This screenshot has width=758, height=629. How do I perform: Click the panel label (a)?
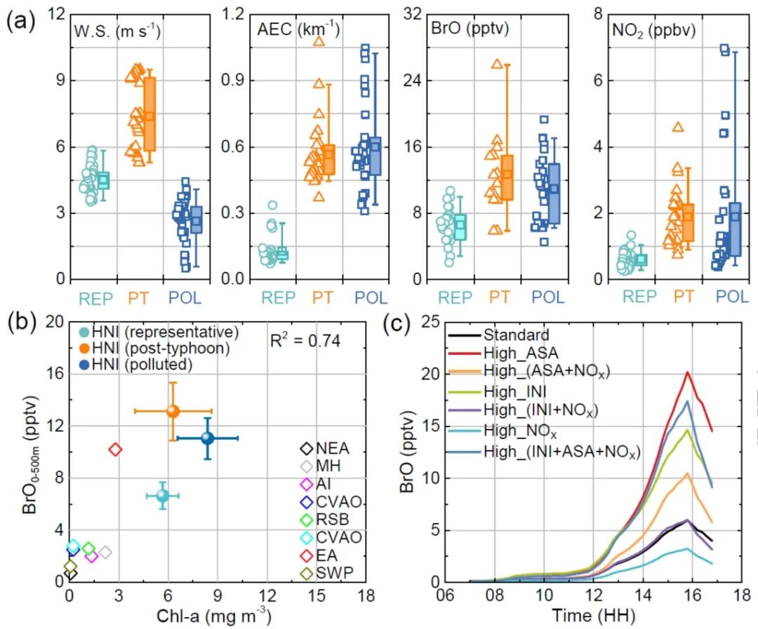click(20, 21)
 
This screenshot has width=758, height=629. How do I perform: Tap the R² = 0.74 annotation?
click(305, 341)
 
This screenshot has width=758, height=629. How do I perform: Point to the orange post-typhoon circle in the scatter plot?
click(173, 411)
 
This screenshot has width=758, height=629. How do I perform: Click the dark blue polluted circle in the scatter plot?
click(207, 438)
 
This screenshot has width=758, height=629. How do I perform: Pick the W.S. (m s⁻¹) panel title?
click(117, 32)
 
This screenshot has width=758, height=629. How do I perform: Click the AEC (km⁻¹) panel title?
click(298, 29)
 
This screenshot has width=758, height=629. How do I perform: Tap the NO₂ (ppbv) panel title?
click(653, 31)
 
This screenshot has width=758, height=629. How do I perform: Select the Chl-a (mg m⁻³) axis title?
click(213, 616)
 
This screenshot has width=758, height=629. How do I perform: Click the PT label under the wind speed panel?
click(138, 298)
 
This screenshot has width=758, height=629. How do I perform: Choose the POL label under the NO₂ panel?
click(732, 297)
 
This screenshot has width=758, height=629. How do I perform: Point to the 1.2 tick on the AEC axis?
click(233, 14)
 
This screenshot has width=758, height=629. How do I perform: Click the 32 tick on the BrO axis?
click(413, 14)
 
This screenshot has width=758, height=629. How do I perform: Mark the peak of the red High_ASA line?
click(687, 372)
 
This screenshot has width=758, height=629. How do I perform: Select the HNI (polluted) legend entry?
click(136, 365)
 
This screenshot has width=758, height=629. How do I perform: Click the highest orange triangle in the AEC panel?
click(319, 41)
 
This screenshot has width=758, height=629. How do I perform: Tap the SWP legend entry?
click(327, 573)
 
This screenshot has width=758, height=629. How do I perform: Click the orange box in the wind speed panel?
click(150, 114)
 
